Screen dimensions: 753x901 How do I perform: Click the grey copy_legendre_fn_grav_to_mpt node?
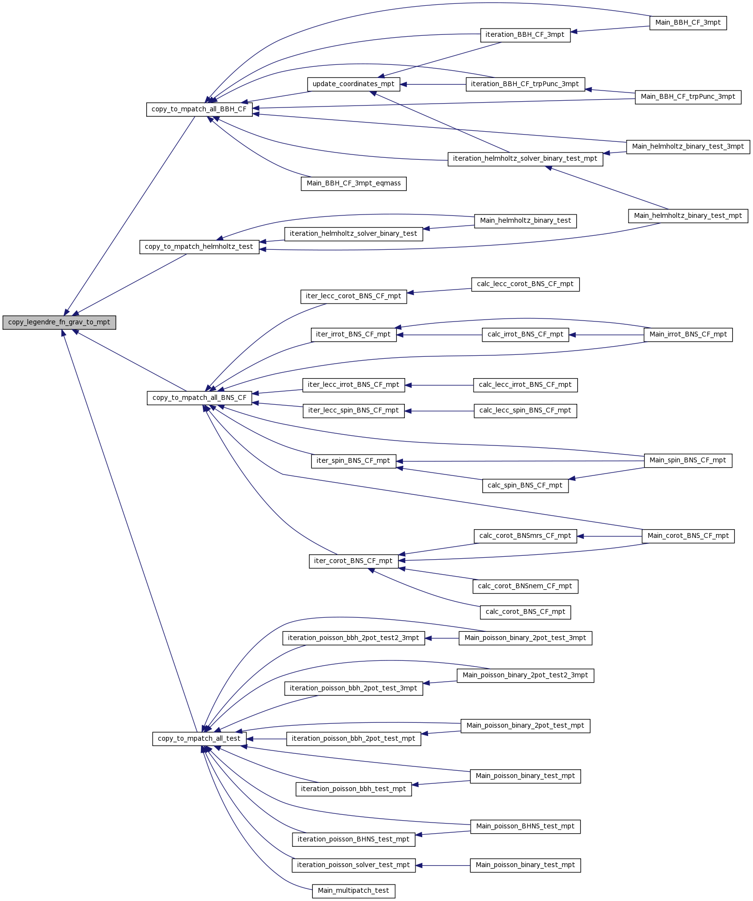[59, 322]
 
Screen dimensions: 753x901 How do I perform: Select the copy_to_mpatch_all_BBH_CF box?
[199, 109]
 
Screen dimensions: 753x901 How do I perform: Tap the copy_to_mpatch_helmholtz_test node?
[199, 247]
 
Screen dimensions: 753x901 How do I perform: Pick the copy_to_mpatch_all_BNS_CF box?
[199, 398]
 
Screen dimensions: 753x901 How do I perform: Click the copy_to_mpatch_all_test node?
[199, 739]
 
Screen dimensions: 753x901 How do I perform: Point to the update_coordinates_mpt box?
[353, 84]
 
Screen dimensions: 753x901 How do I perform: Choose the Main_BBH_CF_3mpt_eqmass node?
[353, 183]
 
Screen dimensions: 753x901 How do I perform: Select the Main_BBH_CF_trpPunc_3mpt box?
[688, 97]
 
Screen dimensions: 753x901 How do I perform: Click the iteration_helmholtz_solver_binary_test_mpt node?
[525, 159]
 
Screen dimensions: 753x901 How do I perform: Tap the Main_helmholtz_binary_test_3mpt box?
[688, 147]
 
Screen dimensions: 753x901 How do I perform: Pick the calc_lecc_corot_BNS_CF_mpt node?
[525, 284]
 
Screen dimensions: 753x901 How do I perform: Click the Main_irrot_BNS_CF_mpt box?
[688, 335]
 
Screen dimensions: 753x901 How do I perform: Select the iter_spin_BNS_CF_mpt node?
[353, 461]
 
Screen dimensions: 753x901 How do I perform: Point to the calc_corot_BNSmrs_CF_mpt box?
[525, 536]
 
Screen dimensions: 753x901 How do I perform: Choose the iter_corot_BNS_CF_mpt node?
[353, 561]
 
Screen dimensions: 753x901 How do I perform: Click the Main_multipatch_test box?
[353, 891]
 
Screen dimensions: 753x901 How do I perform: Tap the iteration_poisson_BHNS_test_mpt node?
[353, 840]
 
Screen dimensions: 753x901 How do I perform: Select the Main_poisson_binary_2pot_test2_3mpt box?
[525, 675]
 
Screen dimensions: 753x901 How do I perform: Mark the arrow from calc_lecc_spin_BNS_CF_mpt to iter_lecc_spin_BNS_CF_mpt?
[439, 411]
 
